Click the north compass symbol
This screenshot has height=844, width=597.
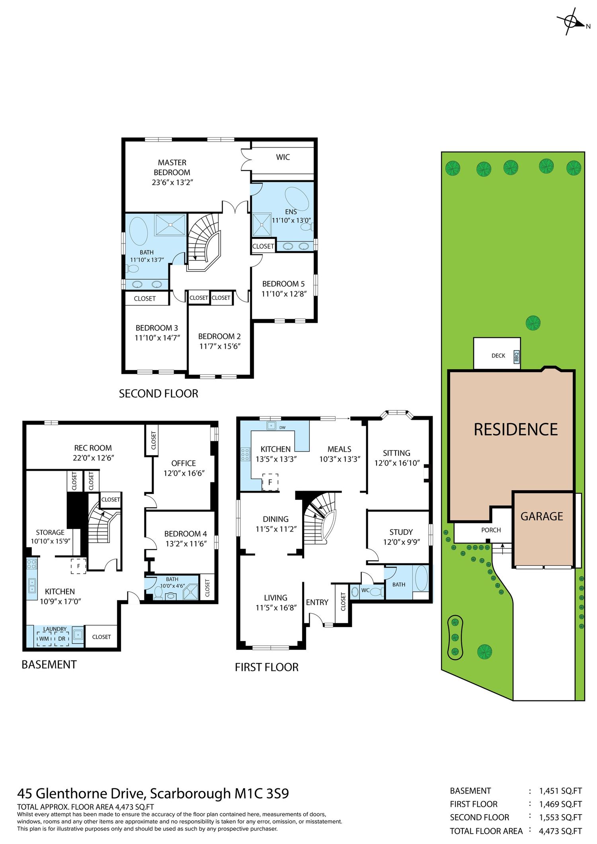coord(572,21)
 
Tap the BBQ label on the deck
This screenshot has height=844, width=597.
coord(517,356)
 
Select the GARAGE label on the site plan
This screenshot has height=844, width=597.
coord(542,517)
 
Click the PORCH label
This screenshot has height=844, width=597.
coord(491,530)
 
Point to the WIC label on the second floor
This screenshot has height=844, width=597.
coord(283,157)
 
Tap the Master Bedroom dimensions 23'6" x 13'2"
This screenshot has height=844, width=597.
coord(172,183)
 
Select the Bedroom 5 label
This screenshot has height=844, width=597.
coord(283,284)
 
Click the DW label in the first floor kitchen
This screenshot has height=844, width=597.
coord(282,428)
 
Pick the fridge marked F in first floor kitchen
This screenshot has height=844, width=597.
coord(270,482)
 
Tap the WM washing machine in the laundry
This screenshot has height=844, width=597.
coord(44,639)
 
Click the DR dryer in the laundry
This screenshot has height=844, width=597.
coord(61,639)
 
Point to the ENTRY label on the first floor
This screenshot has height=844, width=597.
coord(317,602)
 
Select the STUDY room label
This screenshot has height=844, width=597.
coord(401,532)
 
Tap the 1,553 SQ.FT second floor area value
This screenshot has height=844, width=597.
coord(560,817)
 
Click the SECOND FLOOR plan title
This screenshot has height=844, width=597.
coord(158,394)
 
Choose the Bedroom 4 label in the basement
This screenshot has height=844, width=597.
coord(185,534)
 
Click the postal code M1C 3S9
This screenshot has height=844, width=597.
coord(261,794)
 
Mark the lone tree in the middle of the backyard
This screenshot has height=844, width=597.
coord(533,323)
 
